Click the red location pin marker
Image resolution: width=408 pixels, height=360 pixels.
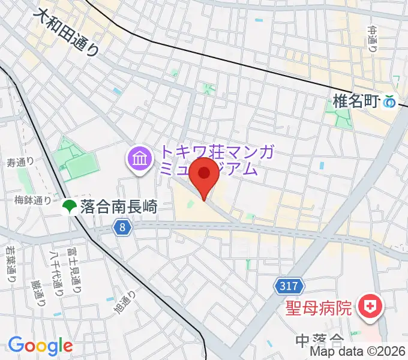[x=204, y=175]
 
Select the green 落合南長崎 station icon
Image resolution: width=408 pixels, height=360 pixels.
[x=68, y=207]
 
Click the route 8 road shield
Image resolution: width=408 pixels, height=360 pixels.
[x=122, y=227]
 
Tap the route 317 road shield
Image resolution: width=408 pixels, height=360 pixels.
[x=287, y=287]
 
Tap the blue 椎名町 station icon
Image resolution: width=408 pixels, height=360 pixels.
[x=391, y=102]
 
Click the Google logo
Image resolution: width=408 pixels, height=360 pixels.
[x=40, y=346]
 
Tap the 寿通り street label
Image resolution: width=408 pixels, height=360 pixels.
[x=20, y=162]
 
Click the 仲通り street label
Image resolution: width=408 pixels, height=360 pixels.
[x=373, y=38]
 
